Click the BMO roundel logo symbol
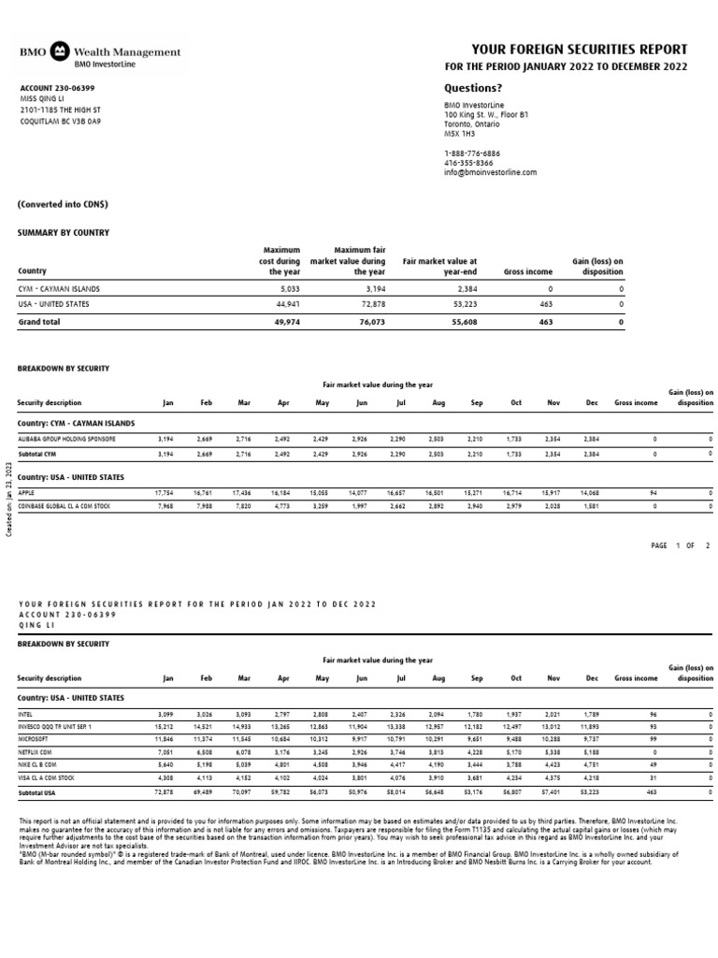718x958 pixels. tap(59, 51)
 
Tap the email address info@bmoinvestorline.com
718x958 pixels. tap(490, 172)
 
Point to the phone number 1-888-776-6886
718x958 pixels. tap(471, 152)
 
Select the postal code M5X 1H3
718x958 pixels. tap(459, 134)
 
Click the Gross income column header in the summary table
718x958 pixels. tap(528, 271)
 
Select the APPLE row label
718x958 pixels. tap(26, 491)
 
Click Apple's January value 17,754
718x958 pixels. tap(165, 491)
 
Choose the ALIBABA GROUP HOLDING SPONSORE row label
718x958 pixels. tap(67, 438)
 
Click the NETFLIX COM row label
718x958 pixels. tap(36, 749)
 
